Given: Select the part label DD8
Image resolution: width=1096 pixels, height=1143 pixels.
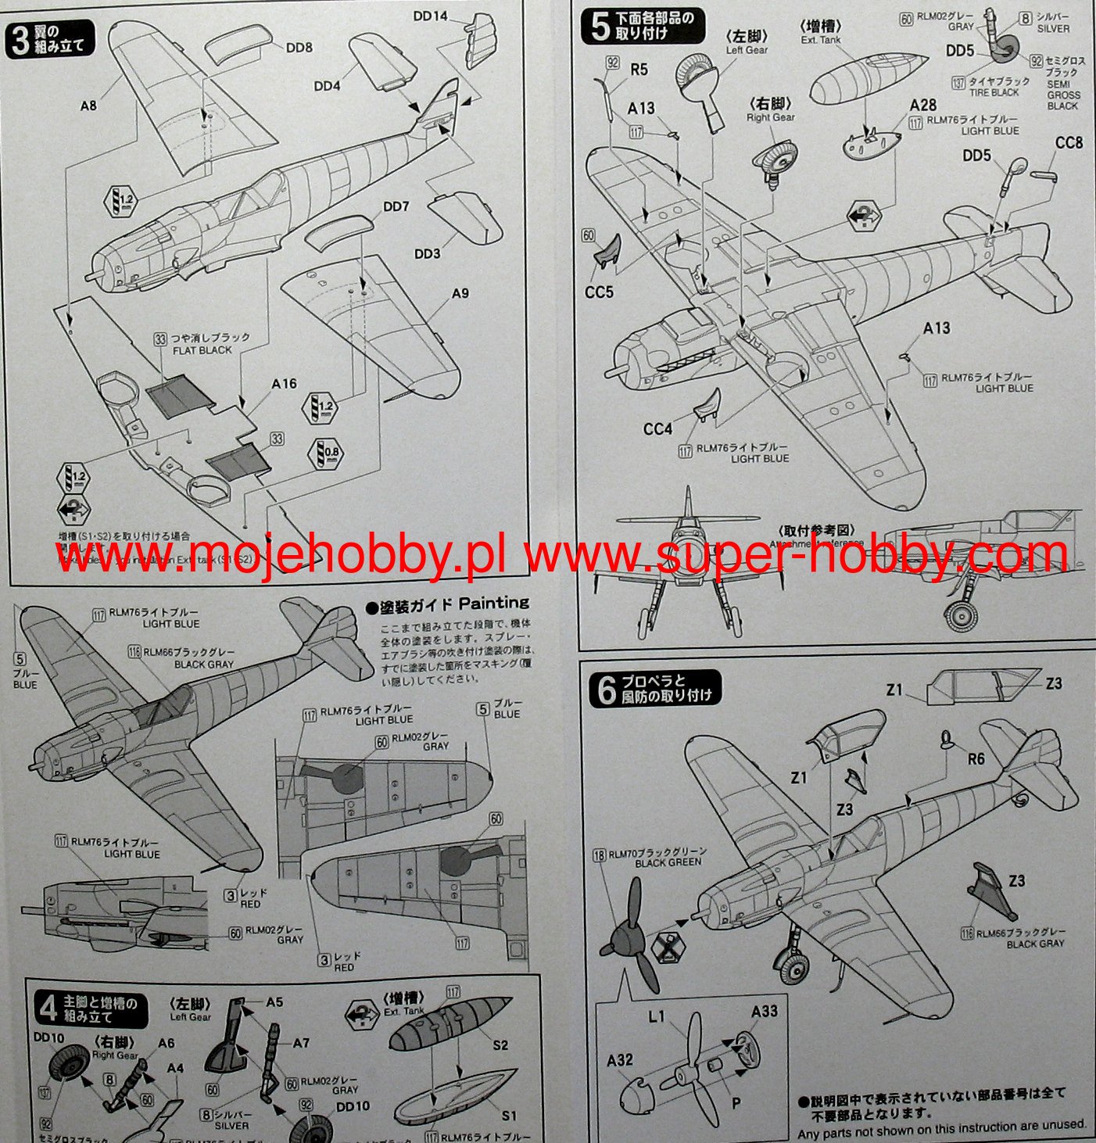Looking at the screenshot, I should [299, 48].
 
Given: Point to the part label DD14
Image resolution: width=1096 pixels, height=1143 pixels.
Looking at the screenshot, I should [430, 16].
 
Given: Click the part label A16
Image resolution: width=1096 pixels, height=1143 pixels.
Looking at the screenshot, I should [284, 384].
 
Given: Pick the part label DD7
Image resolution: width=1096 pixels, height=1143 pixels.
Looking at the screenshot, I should [396, 207].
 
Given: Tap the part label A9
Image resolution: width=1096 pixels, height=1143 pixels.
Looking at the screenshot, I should [460, 293].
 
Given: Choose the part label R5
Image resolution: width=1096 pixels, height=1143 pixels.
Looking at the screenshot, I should [639, 70].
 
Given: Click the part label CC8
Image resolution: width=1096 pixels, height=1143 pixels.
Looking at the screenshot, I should [1069, 143].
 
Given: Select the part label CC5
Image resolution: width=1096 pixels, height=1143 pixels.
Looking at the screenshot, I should [599, 292].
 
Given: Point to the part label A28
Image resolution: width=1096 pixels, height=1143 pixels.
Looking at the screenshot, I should [922, 106].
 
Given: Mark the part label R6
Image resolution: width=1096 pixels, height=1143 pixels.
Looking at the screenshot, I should [976, 758].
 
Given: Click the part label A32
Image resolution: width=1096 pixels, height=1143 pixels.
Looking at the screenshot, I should [619, 1060].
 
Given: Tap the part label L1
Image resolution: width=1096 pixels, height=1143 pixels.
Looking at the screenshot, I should [656, 1017].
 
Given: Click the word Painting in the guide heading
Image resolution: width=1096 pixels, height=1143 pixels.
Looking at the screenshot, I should [493, 603].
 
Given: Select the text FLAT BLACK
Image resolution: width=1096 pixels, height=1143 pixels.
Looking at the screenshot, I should [202, 350].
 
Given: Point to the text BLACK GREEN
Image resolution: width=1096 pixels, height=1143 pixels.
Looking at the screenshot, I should [668, 862].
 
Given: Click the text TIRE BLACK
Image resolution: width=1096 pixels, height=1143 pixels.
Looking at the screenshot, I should [994, 92].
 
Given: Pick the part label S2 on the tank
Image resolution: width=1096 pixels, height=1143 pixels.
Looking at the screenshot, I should [500, 1044].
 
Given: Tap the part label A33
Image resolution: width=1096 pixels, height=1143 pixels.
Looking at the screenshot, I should [764, 1012].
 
